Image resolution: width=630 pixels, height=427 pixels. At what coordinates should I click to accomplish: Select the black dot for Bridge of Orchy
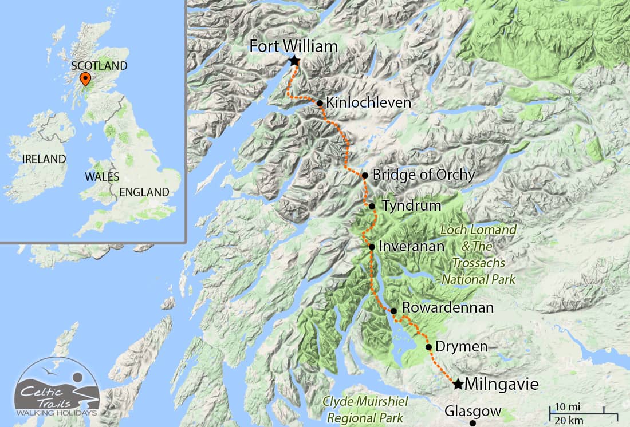tap(365, 175)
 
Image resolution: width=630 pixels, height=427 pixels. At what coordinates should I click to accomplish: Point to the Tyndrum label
tap(411, 205)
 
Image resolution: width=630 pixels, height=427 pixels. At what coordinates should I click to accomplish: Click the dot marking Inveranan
tap(372, 247)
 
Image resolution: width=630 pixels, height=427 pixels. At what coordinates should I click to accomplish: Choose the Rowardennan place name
tap(448, 308)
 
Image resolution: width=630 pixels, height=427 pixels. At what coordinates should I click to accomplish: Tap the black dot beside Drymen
tap(429, 346)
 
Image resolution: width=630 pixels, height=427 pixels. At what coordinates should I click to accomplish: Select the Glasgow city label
tap(472, 412)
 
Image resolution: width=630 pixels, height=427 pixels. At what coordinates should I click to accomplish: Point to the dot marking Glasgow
tap(472, 424)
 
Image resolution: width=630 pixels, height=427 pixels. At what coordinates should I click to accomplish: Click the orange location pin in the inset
tap(85, 79)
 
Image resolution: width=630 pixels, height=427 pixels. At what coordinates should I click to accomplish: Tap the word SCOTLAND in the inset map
tap(99, 66)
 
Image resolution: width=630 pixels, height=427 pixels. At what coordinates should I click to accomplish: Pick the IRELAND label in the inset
tap(44, 159)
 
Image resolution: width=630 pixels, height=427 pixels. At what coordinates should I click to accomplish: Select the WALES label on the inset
tap(102, 176)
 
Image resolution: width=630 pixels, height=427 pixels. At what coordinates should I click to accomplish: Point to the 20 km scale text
tap(569, 421)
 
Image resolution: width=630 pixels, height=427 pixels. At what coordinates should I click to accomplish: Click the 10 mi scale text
tap(568, 406)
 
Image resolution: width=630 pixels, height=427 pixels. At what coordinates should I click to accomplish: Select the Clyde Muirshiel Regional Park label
tap(363, 409)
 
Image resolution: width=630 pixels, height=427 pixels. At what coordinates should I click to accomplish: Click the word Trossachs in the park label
tap(478, 263)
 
